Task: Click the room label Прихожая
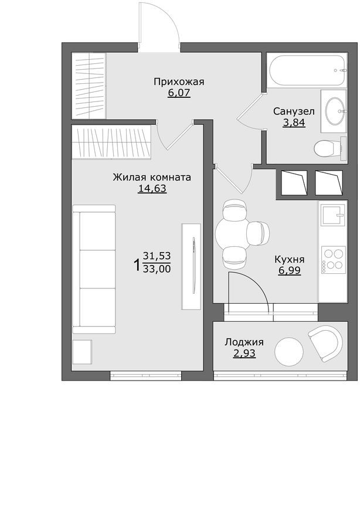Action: pyautogui.click(x=179, y=82)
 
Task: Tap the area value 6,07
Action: pyautogui.click(x=179, y=93)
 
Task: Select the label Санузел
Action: pyautogui.click(x=294, y=111)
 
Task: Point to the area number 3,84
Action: pyautogui.click(x=294, y=123)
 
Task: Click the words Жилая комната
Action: pyautogui.click(x=152, y=177)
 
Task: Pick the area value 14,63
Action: pyautogui.click(x=152, y=188)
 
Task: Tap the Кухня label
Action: pyautogui.click(x=289, y=259)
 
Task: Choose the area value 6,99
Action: pyautogui.click(x=289, y=270)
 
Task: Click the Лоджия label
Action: pyautogui.click(x=244, y=342)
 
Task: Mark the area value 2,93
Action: pyautogui.click(x=244, y=354)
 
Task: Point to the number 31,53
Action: pyautogui.click(x=157, y=256)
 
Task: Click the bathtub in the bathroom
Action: pyautogui.click(x=306, y=70)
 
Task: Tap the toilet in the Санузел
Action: pyautogui.click(x=326, y=149)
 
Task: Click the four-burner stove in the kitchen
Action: pyautogui.click(x=333, y=259)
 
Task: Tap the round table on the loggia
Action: pyautogui.click(x=289, y=351)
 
